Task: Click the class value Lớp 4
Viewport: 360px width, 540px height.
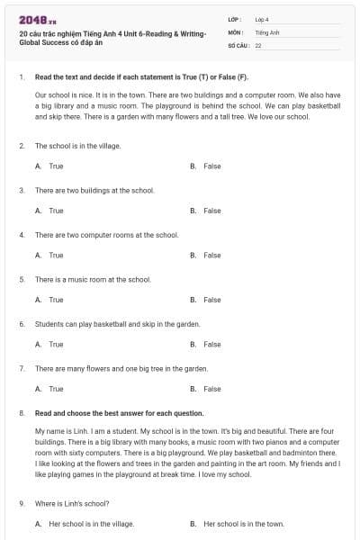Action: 262,19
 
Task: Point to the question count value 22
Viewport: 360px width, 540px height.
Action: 258,44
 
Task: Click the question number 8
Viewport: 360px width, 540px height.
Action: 21,413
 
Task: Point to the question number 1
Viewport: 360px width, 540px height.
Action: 21,77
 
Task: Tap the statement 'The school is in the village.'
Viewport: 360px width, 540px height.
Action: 77,145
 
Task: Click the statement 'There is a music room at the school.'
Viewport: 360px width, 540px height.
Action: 93,279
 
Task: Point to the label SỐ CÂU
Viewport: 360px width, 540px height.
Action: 237,44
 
